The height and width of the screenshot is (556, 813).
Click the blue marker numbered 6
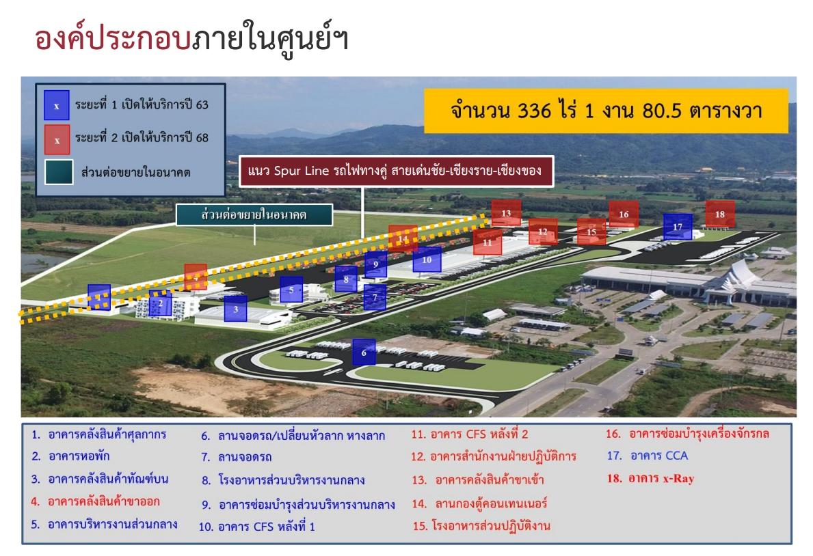pos(364,352)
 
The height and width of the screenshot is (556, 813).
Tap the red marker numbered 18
pos(720,214)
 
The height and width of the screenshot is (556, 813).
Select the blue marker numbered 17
pos(678,227)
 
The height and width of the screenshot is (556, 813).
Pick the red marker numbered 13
pos(506,213)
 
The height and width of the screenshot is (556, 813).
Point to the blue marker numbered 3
pos(235,309)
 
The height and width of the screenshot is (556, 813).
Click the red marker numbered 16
pos(624,214)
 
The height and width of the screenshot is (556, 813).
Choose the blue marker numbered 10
pos(427,259)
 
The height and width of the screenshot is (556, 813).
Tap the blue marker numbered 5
pos(291,290)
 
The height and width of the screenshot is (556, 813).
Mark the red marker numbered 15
pos(591,232)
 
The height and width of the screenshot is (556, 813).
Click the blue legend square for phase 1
pos(57,105)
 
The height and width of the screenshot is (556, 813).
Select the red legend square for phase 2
pos(57,140)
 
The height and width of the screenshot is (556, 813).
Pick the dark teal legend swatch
pos(59,172)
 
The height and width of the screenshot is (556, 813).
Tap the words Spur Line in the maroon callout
pos(302,171)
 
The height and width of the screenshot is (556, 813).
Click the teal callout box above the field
pos(254,214)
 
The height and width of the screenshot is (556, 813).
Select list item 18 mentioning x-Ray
pos(651,478)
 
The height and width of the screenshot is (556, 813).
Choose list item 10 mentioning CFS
pos(256,527)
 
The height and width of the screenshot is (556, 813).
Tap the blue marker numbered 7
pos(375,297)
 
